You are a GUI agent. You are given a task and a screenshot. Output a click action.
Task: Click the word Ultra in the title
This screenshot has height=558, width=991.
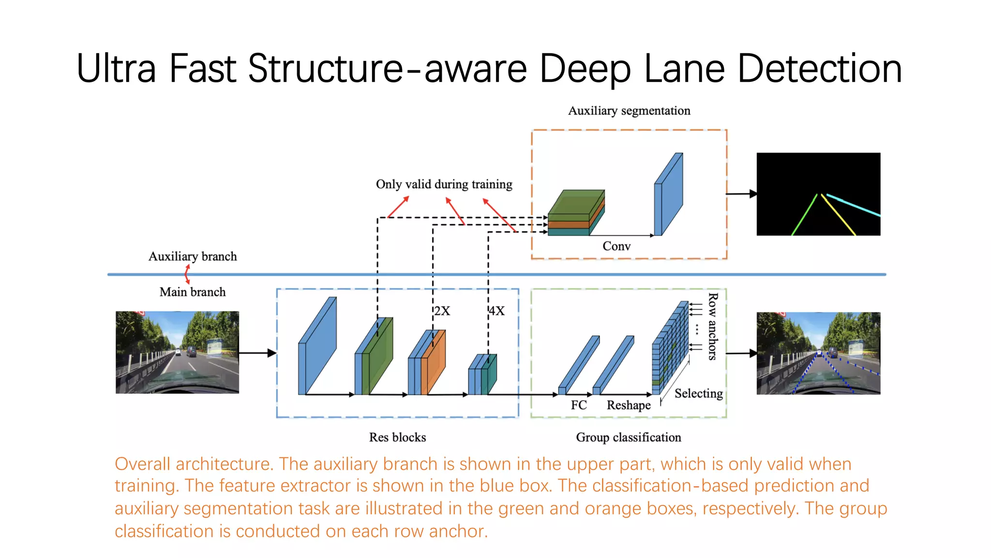(116, 69)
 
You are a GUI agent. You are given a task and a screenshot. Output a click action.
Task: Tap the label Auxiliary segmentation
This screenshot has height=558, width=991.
(629, 111)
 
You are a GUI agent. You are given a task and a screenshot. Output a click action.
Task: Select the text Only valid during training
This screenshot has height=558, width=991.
(444, 185)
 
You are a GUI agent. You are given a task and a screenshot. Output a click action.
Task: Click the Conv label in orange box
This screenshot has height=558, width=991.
(616, 247)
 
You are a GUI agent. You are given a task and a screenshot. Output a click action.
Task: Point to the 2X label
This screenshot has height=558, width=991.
(442, 311)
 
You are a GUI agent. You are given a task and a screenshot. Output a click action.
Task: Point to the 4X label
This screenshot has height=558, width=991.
(496, 311)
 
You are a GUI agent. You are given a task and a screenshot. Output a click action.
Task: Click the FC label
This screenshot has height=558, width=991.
(578, 405)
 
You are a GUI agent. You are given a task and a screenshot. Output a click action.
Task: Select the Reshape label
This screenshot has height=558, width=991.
(628, 405)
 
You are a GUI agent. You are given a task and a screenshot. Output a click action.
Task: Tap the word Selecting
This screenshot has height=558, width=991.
(698, 393)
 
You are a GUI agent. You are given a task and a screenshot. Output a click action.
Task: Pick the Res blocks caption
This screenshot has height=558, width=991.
(397, 437)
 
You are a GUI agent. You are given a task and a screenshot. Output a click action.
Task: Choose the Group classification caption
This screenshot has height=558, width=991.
(628, 437)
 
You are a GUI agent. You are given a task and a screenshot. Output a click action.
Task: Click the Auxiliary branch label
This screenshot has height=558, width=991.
(193, 257)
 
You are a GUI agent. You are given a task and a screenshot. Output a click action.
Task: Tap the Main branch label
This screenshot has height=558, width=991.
(193, 292)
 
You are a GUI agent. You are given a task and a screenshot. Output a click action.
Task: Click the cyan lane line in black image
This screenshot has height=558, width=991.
(854, 205)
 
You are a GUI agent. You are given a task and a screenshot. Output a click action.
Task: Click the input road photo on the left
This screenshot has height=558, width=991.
(177, 352)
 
